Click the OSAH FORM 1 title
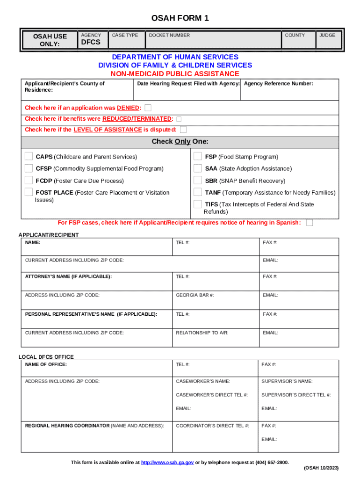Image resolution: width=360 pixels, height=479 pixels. tap(180, 19)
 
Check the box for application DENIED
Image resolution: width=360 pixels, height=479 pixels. tap(148, 108)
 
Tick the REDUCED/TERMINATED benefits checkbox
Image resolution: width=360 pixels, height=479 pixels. tap(179, 119)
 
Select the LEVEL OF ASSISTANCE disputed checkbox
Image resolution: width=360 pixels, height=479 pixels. tap(183, 130)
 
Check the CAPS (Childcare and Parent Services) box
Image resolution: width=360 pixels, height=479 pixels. tap(29, 156)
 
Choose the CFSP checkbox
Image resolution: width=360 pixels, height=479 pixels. tap(29, 168)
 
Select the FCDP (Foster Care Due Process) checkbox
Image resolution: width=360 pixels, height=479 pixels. tap(29, 180)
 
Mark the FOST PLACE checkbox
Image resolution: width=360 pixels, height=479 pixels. tap(29, 192)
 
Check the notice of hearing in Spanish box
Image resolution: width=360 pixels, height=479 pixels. tap(309, 223)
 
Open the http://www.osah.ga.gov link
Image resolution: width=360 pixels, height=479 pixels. tap(167, 462)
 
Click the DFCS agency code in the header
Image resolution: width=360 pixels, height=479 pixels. tap(91, 43)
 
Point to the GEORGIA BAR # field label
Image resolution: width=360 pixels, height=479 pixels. tap(194, 295)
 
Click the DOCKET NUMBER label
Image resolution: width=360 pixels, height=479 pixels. tap(169, 35)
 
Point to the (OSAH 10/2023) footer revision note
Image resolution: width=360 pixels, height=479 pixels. tap(321, 468)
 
